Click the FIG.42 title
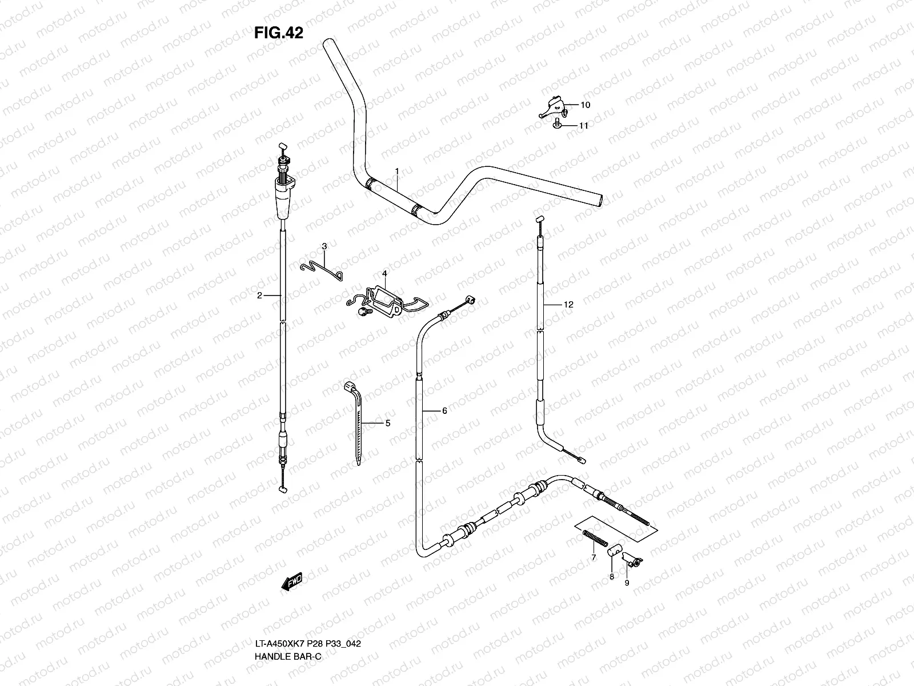click(279, 33)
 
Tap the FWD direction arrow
click(291, 581)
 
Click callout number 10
click(585, 105)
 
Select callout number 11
click(583, 125)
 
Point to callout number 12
click(568, 305)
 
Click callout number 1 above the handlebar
click(397, 171)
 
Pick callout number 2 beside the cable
click(259, 296)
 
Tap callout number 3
click(324, 246)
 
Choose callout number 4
click(384, 274)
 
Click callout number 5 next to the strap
click(388, 423)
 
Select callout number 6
click(444, 410)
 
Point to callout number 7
click(594, 557)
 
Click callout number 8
click(611, 576)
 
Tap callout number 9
click(627, 583)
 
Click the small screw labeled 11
click(557, 123)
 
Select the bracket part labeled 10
click(553, 107)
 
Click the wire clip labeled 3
click(322, 271)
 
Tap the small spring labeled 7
click(595, 538)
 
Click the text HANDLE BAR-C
click(288, 656)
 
